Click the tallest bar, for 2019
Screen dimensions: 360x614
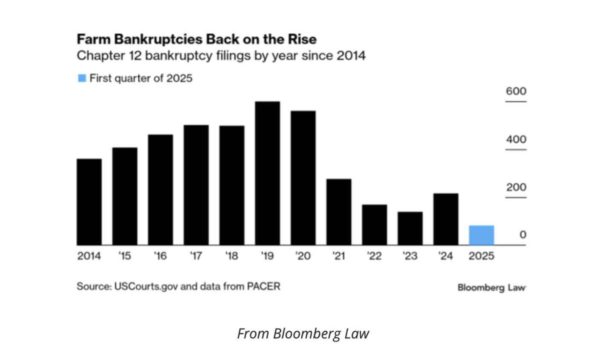click(x=267, y=173)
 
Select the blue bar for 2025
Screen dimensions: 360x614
click(x=481, y=235)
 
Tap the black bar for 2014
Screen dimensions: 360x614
click(x=89, y=202)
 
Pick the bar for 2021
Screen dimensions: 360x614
click(x=339, y=212)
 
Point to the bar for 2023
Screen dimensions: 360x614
click(x=410, y=228)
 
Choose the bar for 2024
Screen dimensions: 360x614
click(x=446, y=219)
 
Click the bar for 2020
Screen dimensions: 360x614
click(x=303, y=178)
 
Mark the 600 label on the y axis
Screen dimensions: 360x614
click(x=516, y=91)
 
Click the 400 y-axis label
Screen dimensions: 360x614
click(x=516, y=139)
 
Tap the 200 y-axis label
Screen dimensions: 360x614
click(x=516, y=187)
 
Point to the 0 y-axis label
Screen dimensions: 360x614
click(x=523, y=235)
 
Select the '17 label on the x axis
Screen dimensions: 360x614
click(x=196, y=256)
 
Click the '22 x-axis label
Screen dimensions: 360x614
click(x=374, y=256)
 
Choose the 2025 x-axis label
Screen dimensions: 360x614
click(x=481, y=256)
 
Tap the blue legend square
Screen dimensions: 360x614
click(x=82, y=78)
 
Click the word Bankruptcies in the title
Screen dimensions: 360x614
click(x=159, y=39)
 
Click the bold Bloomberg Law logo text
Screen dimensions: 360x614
click(x=492, y=287)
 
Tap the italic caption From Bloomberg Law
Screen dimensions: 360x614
click(x=303, y=333)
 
